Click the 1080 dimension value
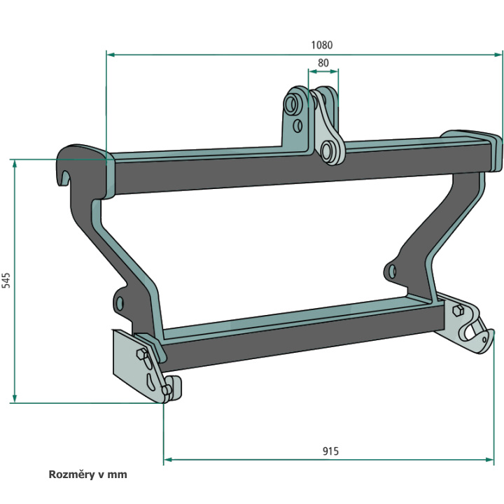pos(321,45)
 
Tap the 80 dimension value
pos(323,63)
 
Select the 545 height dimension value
pos(6,280)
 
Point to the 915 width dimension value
pos(330,451)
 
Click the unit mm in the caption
pos(117,475)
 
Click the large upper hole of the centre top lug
pos(291,104)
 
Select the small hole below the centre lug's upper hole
pos(298,126)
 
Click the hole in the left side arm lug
pos(120,303)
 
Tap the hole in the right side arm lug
pos(392,272)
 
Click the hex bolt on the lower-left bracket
pos(141,353)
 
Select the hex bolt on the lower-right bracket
pos(458,311)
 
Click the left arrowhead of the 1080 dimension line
pos(111,55)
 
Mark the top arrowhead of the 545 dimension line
pos(15,164)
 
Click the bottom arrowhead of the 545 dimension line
pos(15,398)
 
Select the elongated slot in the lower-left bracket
pos(150,381)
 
